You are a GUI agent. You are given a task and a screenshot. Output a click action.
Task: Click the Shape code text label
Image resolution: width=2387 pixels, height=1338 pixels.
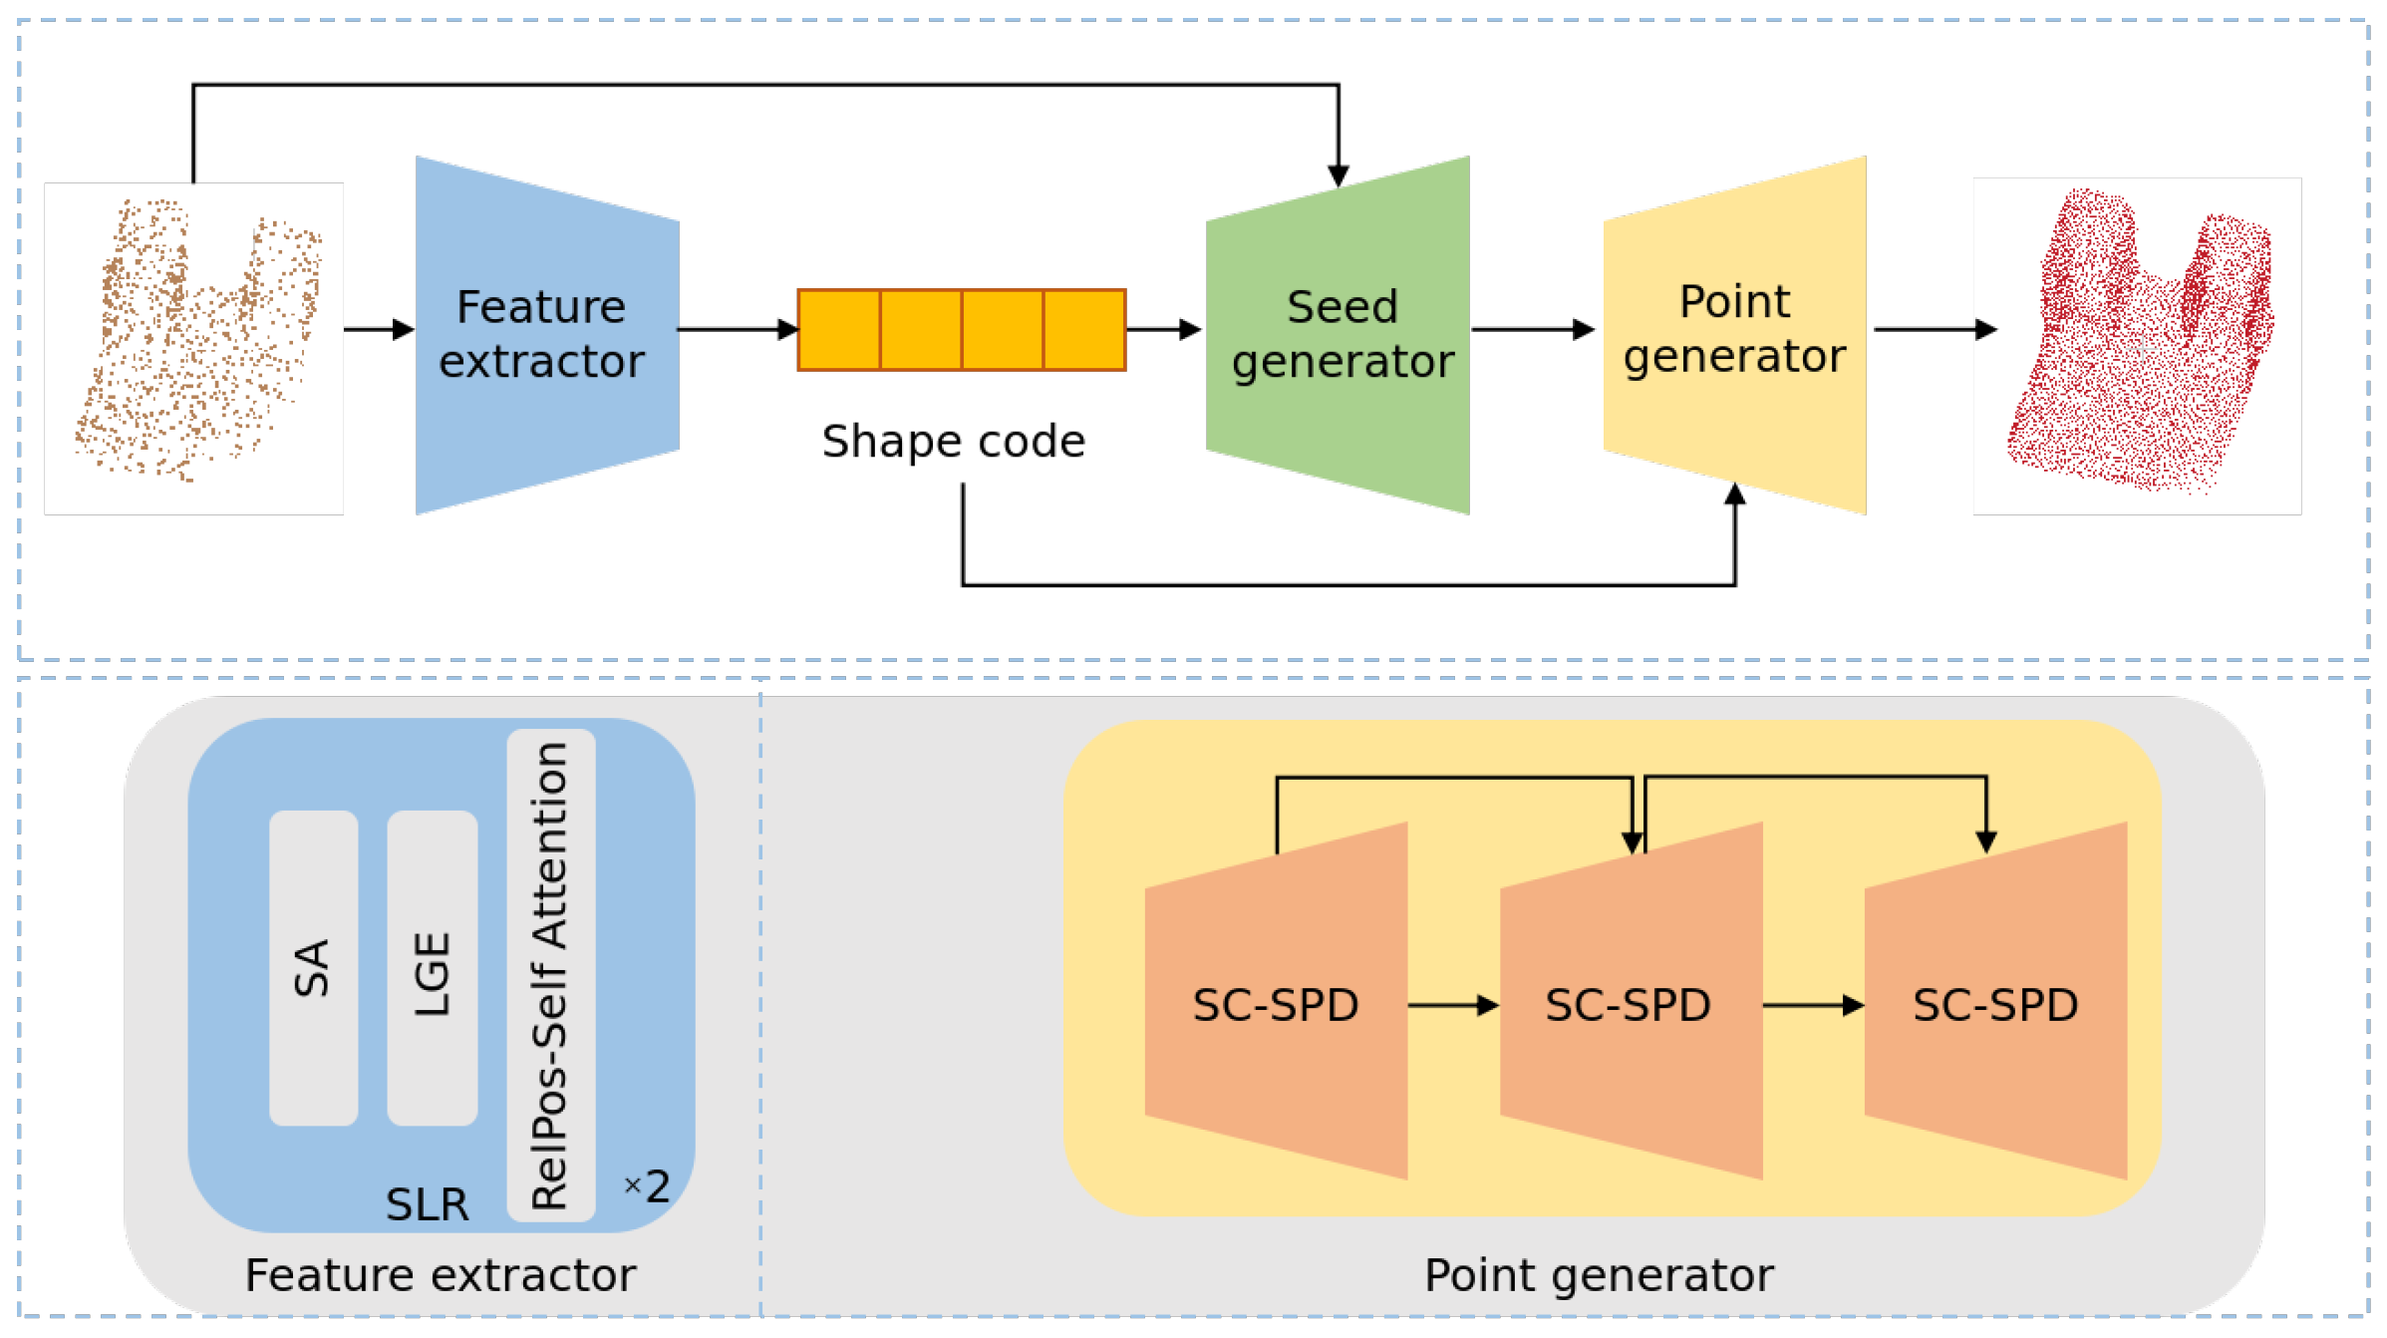click(x=953, y=442)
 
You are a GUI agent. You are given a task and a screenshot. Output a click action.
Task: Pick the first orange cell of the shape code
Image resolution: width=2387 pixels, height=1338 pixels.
click(x=839, y=330)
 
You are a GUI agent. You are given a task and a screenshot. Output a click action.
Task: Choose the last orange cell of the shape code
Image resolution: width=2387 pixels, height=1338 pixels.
click(x=1084, y=330)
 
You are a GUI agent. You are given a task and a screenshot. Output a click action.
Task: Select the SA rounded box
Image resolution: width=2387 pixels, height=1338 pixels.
click(x=313, y=967)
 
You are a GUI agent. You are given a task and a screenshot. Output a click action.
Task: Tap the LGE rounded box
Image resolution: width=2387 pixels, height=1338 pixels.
click(x=433, y=967)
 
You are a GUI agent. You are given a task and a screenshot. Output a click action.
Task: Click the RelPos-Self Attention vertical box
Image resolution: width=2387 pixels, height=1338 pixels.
click(x=551, y=974)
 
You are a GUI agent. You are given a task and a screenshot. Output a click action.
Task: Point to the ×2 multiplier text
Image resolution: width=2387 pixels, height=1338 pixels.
click(x=648, y=1186)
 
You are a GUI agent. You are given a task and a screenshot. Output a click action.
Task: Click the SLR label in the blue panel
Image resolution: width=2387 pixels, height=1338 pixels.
click(x=427, y=1204)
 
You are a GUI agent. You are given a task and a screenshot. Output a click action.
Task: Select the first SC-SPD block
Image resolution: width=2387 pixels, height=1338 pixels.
click(x=1276, y=1004)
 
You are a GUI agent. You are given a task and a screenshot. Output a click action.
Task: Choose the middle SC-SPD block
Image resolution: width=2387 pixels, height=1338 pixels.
click(x=1630, y=1004)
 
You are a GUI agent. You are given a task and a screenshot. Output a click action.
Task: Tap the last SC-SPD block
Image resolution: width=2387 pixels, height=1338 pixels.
click(x=1995, y=1004)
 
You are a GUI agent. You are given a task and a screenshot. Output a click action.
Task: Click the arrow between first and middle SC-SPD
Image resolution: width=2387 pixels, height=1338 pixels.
click(x=1453, y=1005)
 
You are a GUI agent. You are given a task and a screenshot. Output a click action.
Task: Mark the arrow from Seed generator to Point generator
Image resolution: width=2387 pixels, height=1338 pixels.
click(x=1533, y=329)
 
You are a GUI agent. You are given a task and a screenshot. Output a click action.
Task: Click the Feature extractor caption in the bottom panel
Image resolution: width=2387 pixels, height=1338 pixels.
click(x=440, y=1275)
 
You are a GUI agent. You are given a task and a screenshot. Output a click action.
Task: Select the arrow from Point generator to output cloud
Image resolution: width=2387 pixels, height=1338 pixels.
click(x=1935, y=329)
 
